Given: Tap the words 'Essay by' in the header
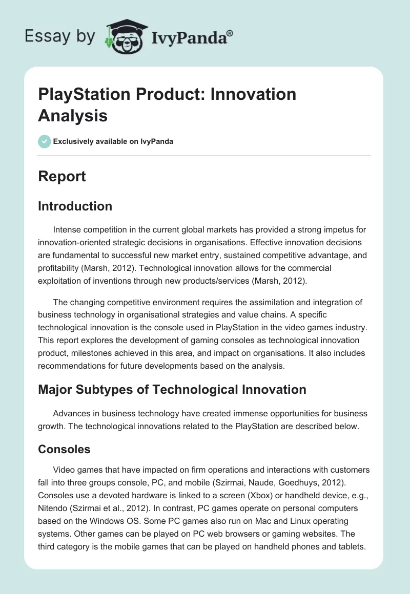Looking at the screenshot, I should pos(60,36).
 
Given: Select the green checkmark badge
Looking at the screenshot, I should pos(45,141).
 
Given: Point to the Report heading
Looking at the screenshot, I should pos(62,177).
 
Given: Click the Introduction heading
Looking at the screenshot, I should pos(75,206).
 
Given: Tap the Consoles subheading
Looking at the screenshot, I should pos(64,449).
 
